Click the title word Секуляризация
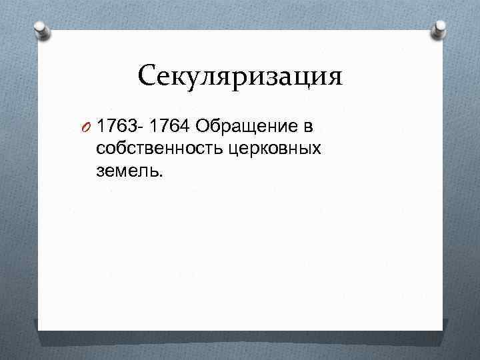pos(240,77)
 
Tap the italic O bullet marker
pos(87,127)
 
